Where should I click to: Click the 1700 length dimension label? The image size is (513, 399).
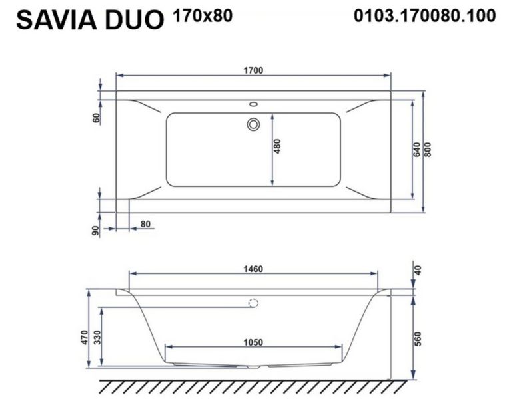tap(253, 70)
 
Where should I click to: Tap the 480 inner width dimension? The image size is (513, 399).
tap(276, 146)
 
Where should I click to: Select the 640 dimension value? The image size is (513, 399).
tap(416, 150)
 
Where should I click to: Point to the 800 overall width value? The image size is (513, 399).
tap(428, 150)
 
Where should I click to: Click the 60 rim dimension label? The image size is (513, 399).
tap(96, 118)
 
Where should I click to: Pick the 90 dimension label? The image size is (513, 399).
tap(95, 231)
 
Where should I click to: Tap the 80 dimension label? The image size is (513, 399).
tap(145, 224)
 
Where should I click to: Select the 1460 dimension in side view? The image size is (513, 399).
tap(253, 269)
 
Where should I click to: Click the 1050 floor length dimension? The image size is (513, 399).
tap(253, 342)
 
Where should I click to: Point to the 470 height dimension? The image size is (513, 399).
tap(85, 337)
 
